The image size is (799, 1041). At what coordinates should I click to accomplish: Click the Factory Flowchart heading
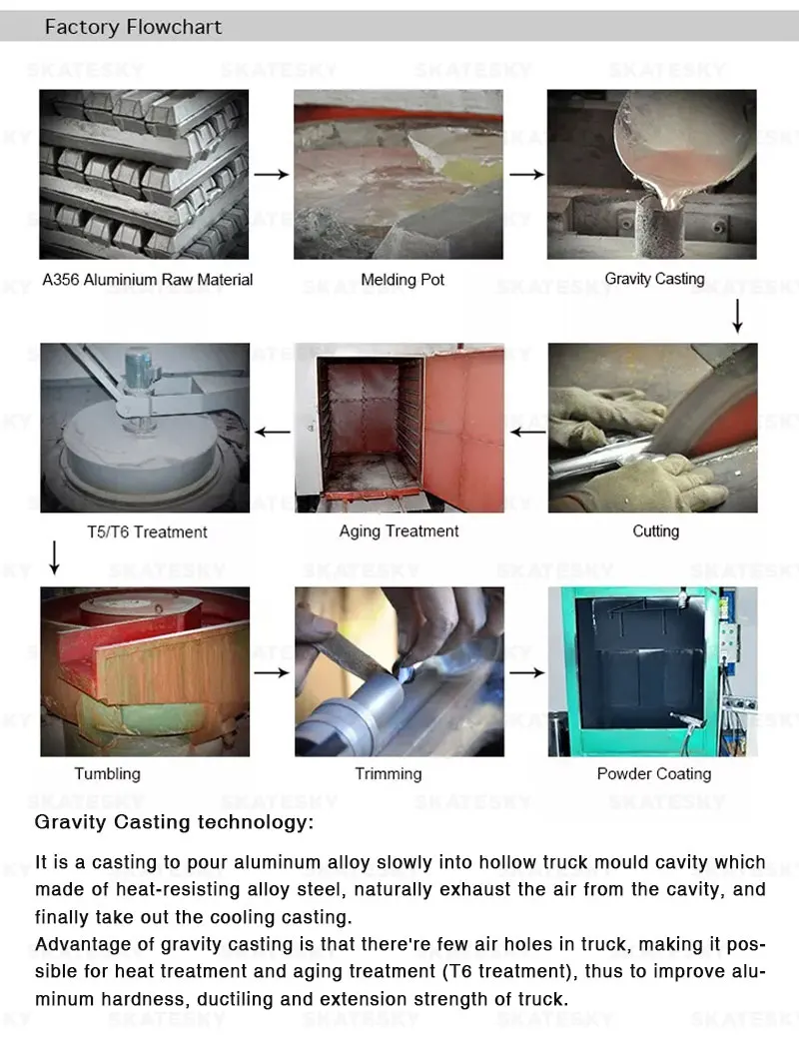133,27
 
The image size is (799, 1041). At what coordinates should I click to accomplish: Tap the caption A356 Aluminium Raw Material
148,280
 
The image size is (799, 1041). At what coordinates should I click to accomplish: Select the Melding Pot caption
402,280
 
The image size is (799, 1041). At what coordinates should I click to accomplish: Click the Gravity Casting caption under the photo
654,279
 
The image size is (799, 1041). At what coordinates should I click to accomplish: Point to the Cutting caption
655,531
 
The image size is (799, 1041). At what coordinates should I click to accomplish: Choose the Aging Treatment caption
399,531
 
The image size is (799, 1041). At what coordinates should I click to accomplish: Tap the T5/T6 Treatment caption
148,531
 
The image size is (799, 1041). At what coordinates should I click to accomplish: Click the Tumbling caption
108,773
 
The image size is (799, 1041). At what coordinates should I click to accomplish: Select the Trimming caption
389,773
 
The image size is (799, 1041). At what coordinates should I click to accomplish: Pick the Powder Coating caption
653,773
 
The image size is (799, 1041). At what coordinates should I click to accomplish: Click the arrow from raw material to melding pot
272,174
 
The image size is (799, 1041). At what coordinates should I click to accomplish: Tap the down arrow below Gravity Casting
737,316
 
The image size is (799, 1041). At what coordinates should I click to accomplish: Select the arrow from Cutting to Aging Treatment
527,433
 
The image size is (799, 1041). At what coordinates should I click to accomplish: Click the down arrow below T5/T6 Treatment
55,557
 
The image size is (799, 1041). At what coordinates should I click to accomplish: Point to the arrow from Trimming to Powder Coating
527,672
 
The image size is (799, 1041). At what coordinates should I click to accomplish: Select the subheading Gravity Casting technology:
174,822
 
